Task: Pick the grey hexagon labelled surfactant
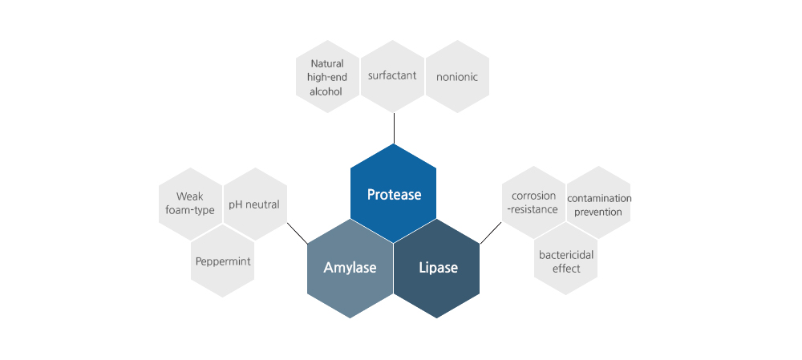click(x=392, y=76)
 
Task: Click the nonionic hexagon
click(x=457, y=77)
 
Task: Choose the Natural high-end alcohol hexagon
click(x=326, y=77)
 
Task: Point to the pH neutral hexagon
click(x=254, y=204)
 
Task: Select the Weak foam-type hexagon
click(x=190, y=203)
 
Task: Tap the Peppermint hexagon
click(x=223, y=261)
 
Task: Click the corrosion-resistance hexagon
click(x=533, y=203)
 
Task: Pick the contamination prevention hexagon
click(x=598, y=204)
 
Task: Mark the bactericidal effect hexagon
click(x=565, y=262)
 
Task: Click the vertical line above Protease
click(x=394, y=128)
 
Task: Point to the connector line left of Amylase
click(x=297, y=233)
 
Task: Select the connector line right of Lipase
click(x=490, y=233)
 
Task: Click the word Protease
click(x=394, y=195)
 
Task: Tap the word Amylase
click(x=350, y=268)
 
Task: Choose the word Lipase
click(x=438, y=268)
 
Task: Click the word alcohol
click(x=326, y=91)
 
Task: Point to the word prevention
click(x=598, y=212)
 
